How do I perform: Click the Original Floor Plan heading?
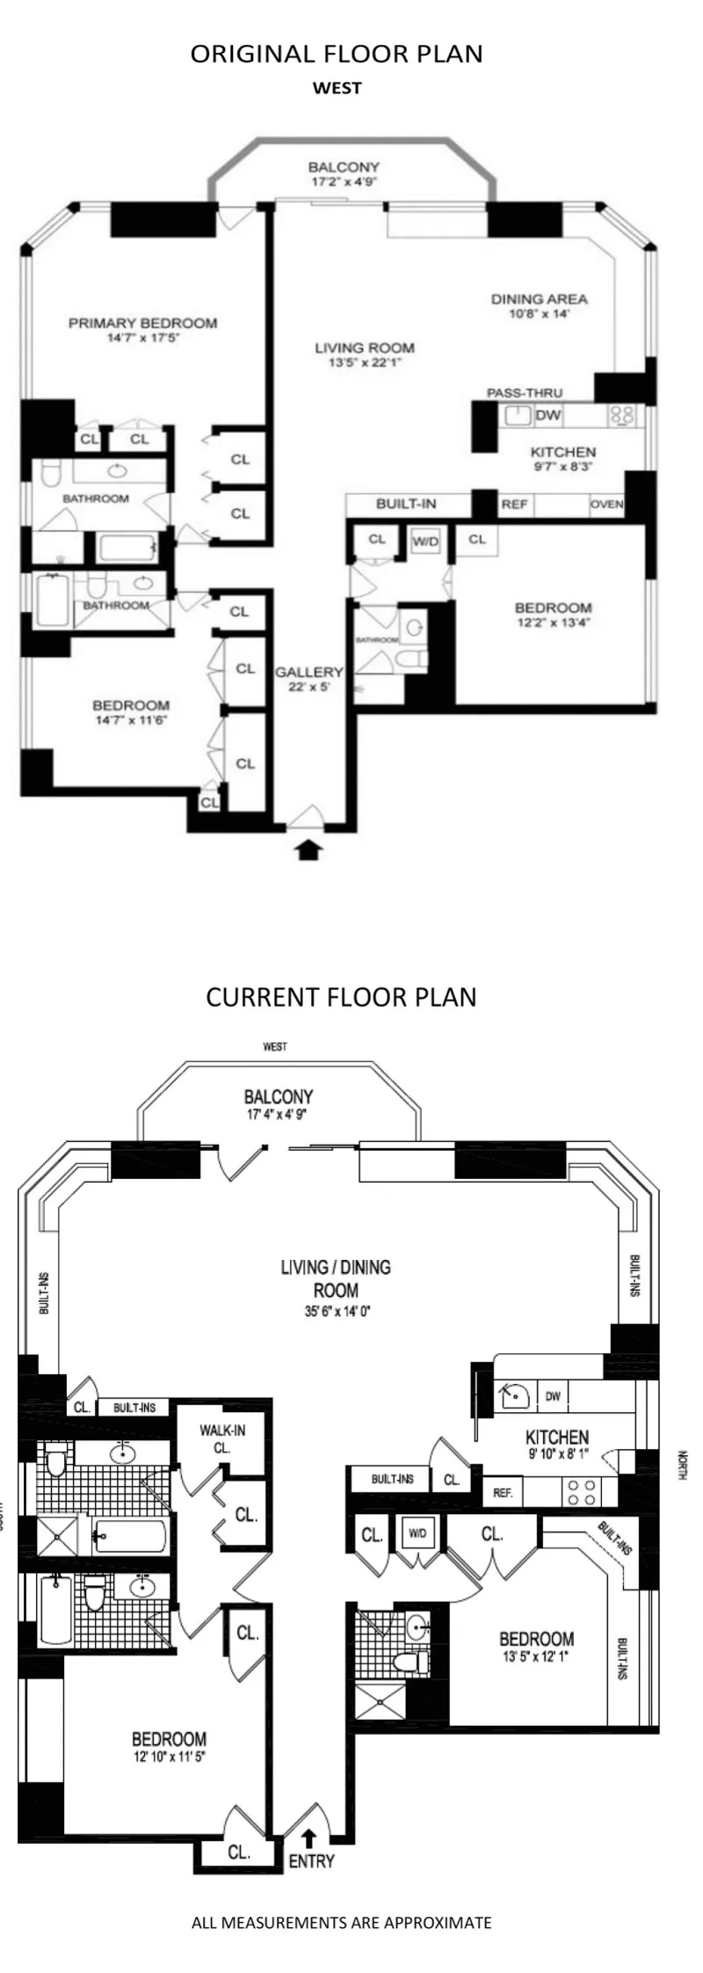[x=337, y=54]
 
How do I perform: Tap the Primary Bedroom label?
[x=142, y=329]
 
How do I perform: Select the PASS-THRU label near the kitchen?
[x=525, y=393]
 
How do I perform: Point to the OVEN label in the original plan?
[x=606, y=505]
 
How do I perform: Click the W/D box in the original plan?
[x=425, y=542]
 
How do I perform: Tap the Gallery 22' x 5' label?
[x=308, y=679]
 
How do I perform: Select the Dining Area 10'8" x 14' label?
[x=539, y=305]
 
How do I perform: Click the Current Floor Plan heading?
[x=341, y=997]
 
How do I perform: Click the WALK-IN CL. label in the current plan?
[x=221, y=1438]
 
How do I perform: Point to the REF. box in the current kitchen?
[x=503, y=1493]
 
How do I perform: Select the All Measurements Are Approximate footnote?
[x=341, y=1923]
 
